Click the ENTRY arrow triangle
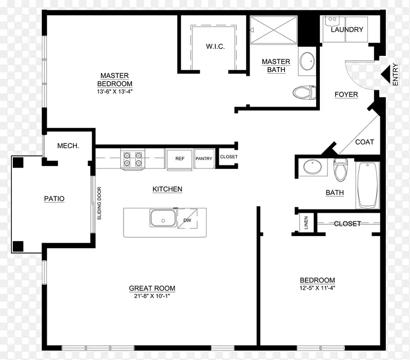385,74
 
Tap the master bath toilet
304,93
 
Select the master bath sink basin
307,61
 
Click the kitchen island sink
163,218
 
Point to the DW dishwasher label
187,220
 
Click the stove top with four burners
133,159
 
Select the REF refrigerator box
180,159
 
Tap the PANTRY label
204,159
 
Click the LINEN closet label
306,223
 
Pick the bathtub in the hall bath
367,185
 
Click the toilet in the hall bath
340,170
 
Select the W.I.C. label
215,47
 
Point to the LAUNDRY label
347,30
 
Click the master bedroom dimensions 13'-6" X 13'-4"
115,92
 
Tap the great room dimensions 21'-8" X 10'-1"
152,296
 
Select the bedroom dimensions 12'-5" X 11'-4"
317,288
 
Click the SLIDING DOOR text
99,203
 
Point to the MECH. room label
68,146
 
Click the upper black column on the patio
18,162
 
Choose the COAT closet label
364,142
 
